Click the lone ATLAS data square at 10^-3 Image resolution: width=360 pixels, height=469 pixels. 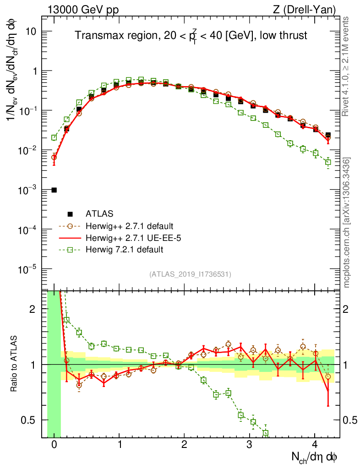(54, 190)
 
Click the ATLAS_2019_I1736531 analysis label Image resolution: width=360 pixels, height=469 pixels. (190, 274)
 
